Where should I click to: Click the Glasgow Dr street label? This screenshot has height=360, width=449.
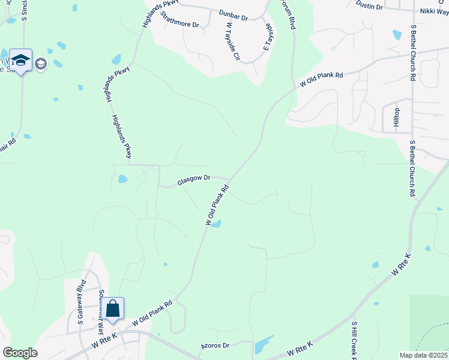(x=193, y=178)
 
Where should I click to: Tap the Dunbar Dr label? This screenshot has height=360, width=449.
(x=234, y=17)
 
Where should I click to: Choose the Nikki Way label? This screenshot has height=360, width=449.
(x=434, y=11)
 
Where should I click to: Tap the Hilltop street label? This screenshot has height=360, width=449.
(x=396, y=117)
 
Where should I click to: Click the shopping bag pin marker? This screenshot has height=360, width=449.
(x=112, y=309)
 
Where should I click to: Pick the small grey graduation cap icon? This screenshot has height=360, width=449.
(x=41, y=64)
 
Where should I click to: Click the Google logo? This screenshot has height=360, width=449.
(x=20, y=352)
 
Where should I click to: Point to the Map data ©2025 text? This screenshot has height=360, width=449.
(x=423, y=355)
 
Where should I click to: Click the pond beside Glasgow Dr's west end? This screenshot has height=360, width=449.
(x=123, y=179)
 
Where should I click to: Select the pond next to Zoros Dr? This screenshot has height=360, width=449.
(x=262, y=346)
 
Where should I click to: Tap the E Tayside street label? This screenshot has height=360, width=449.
(x=268, y=38)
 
